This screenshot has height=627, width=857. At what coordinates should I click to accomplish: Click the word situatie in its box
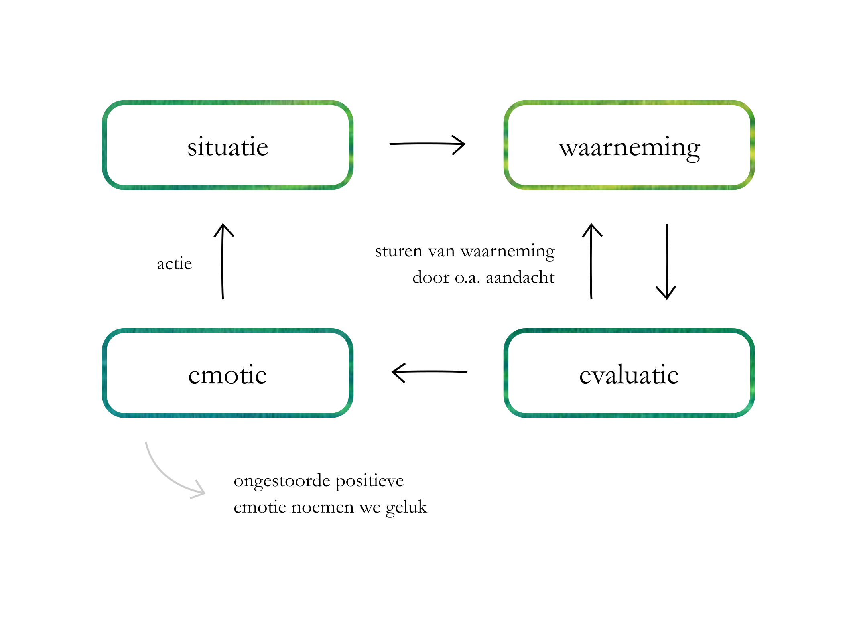[227, 147]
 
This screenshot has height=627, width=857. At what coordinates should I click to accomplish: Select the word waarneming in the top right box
[629, 148]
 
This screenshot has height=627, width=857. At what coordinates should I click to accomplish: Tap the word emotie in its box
[227, 375]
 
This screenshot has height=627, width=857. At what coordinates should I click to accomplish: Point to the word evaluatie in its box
[629, 375]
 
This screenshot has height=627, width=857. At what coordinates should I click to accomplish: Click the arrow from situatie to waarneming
[427, 144]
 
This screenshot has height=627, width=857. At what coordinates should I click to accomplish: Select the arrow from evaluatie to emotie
[429, 372]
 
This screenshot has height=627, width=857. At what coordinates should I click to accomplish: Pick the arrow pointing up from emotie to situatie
[223, 261]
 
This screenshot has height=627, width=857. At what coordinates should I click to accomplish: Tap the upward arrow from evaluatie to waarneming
[591, 261]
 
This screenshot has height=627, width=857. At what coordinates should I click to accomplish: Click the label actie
[174, 264]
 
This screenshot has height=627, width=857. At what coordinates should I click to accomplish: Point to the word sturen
[398, 251]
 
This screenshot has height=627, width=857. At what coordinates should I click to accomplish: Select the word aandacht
[520, 277]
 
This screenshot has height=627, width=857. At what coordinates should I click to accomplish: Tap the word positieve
[369, 481]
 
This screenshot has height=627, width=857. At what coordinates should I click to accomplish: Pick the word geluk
[406, 507]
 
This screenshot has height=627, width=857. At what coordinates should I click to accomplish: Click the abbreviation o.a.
[467, 277]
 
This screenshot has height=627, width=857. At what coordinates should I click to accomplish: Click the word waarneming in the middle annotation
[508, 252]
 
